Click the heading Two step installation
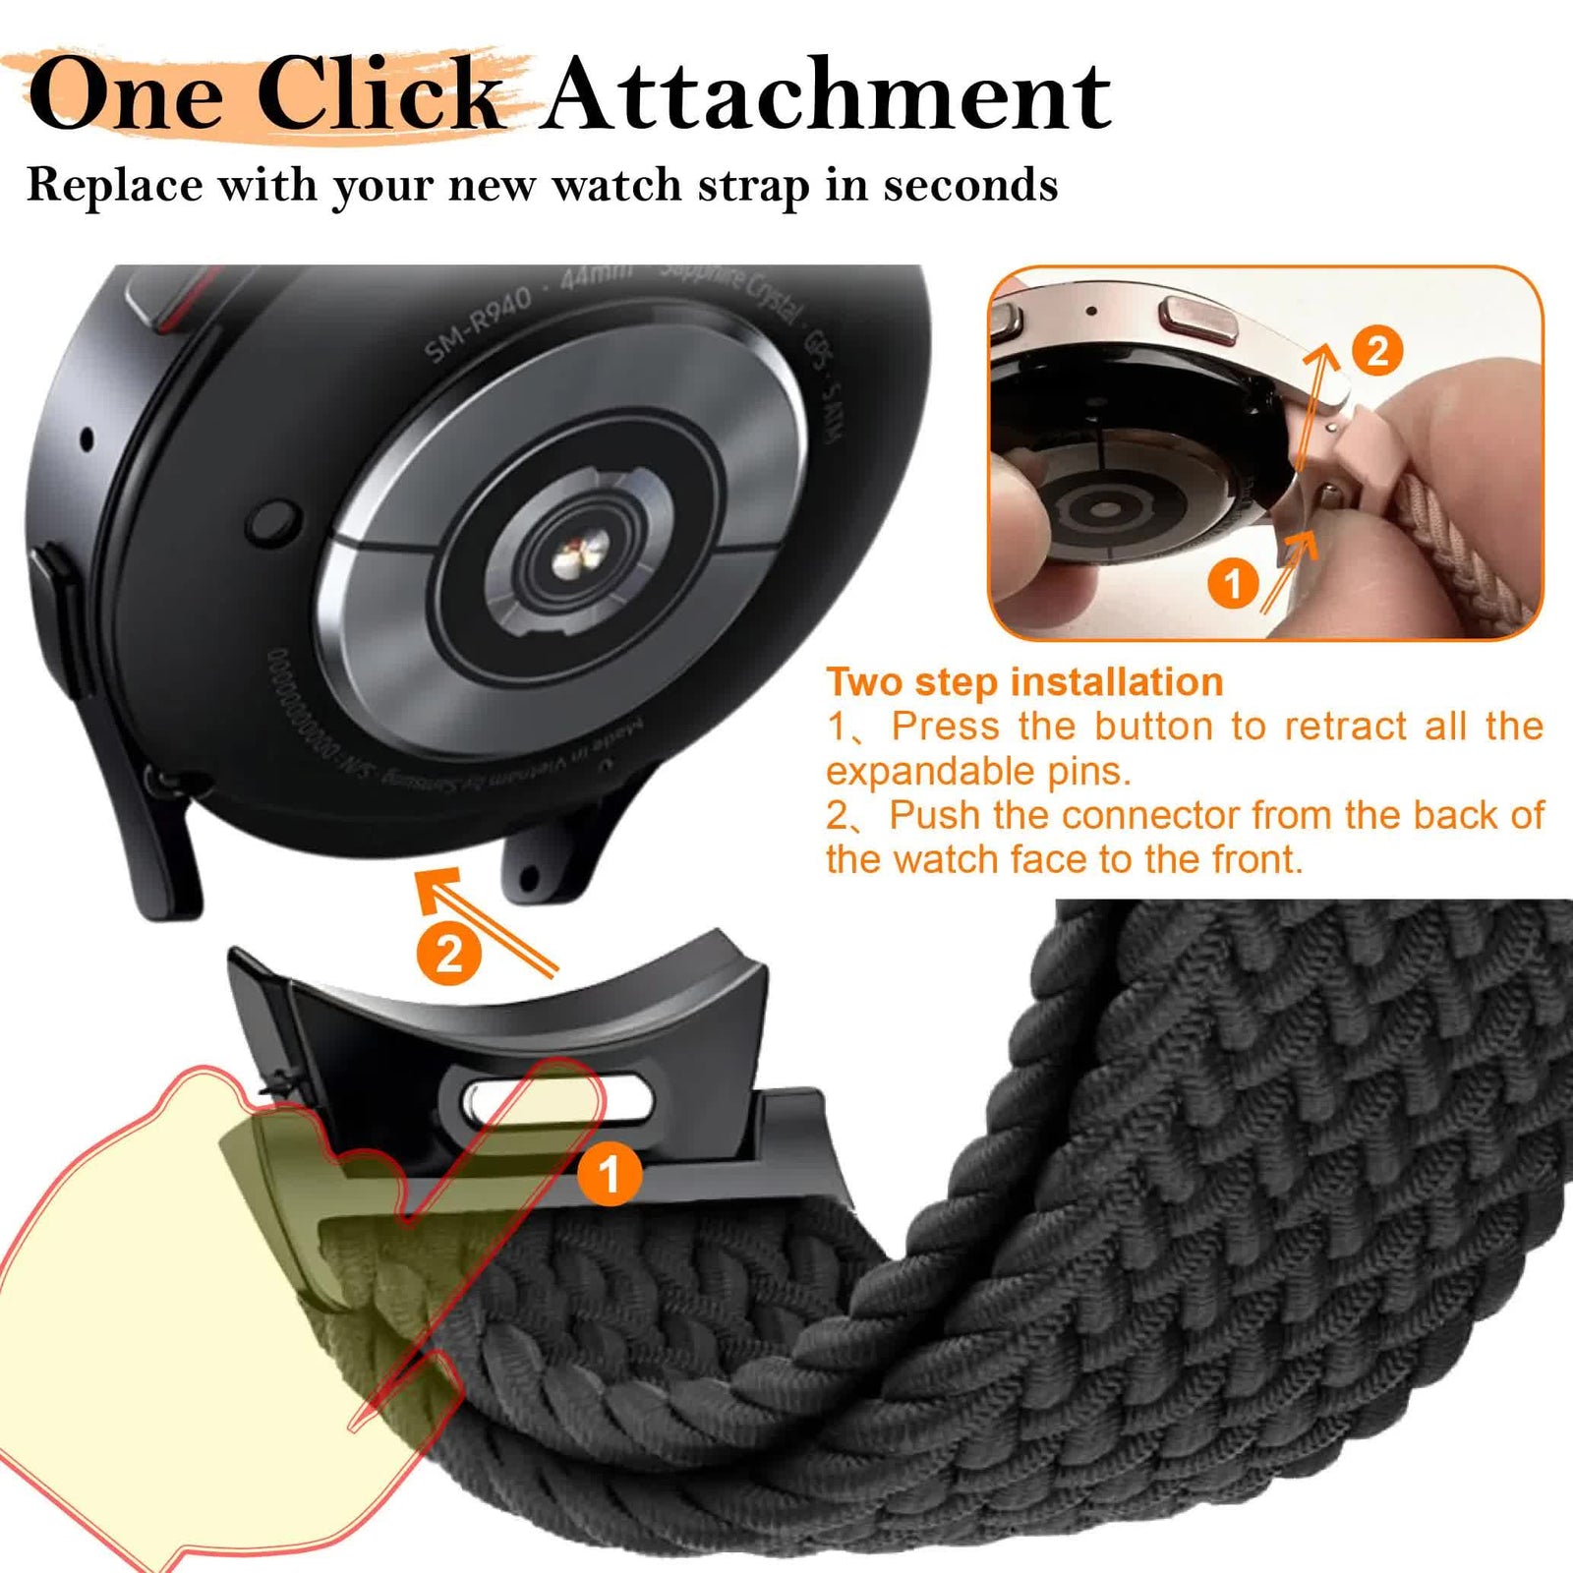click(1024, 682)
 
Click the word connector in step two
click(1151, 816)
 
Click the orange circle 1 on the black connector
click(609, 1174)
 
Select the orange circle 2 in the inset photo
click(1376, 351)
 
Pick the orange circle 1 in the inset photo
click(1233, 585)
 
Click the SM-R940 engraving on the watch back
click(478, 325)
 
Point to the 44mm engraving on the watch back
click(596, 276)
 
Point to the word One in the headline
click(126, 95)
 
